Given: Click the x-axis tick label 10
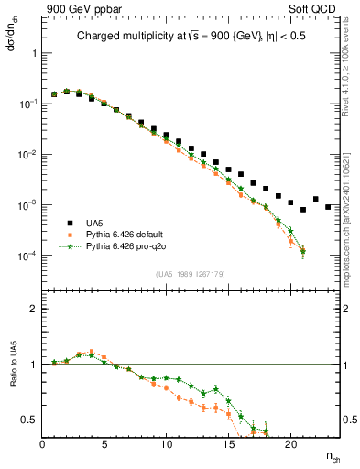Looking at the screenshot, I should [x=167, y=446].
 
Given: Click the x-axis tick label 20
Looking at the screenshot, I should [x=290, y=446].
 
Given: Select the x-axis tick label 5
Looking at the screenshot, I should [x=104, y=446].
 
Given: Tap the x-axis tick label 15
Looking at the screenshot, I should [x=229, y=446].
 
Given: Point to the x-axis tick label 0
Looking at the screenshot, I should [x=43, y=446].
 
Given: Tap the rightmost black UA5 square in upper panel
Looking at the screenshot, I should [x=328, y=207].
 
